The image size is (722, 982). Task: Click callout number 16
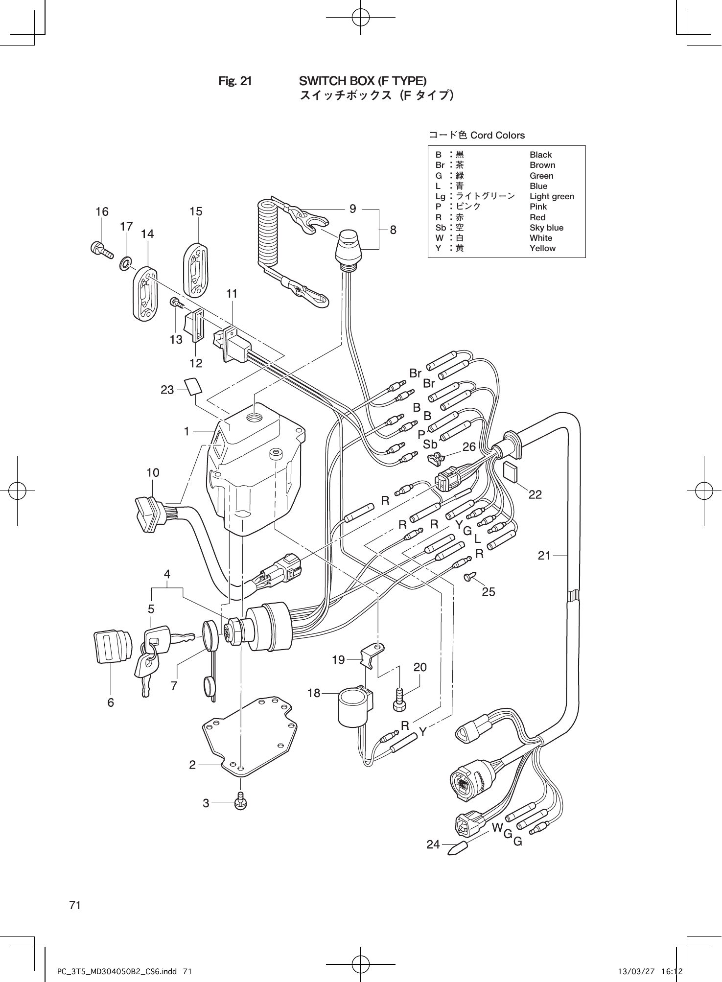pyautogui.click(x=102, y=211)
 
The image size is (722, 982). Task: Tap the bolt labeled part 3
pyautogui.click(x=240, y=802)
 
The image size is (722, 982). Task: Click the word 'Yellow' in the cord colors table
pyautogui.click(x=542, y=248)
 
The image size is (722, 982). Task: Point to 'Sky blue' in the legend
pyautogui.click(x=546, y=228)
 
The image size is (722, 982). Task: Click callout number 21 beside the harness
pyautogui.click(x=544, y=555)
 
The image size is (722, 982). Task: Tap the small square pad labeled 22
pyautogui.click(x=511, y=471)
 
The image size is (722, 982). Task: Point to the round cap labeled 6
pyautogui.click(x=112, y=647)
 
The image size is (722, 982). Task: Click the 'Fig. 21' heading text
pyautogui.click(x=235, y=81)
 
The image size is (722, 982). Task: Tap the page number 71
pyautogui.click(x=75, y=905)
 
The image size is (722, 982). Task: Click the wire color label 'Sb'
pyautogui.click(x=430, y=444)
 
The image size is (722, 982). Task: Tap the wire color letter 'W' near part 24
pyautogui.click(x=497, y=827)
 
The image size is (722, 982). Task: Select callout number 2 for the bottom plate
pyautogui.click(x=192, y=765)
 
